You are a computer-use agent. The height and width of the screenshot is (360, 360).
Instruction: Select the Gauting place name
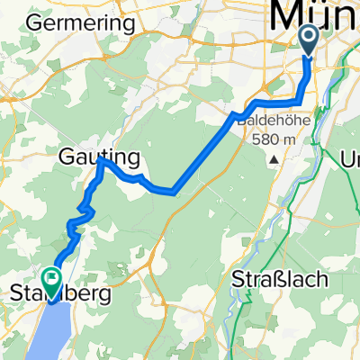[x=101, y=158]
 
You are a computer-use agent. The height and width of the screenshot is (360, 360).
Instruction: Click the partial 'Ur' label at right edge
[x=348, y=159]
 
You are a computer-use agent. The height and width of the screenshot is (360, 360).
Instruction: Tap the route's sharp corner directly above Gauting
[x=100, y=162]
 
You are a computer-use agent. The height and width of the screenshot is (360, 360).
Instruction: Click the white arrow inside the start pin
[x=308, y=37]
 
